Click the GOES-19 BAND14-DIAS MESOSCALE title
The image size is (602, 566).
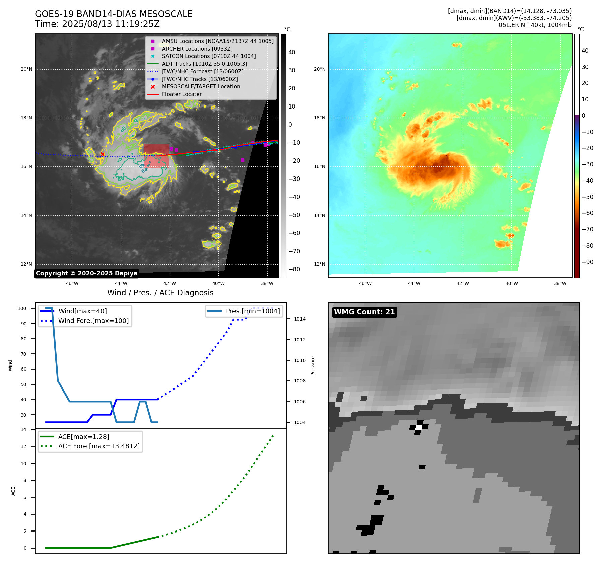click(x=114, y=14)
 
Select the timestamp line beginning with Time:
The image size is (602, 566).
click(x=97, y=24)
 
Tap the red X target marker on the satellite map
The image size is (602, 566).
click(x=103, y=154)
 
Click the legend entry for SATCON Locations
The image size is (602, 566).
click(x=208, y=56)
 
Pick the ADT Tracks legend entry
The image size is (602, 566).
click(x=204, y=64)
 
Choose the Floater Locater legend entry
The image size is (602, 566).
click(x=182, y=94)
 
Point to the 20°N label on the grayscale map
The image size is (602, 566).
click(x=26, y=69)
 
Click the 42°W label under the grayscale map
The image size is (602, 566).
click(x=170, y=283)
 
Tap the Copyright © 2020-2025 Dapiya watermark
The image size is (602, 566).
click(x=86, y=273)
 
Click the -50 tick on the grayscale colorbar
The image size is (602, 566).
click(x=294, y=215)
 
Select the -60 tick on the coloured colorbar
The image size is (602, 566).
click(x=587, y=213)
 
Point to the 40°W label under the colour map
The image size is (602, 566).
click(x=512, y=283)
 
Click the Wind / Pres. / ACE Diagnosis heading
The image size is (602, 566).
click(x=160, y=293)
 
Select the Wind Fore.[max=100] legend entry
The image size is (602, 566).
click(x=93, y=321)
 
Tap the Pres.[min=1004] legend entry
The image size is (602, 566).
click(x=253, y=311)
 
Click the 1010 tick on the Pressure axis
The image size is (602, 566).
click(x=299, y=360)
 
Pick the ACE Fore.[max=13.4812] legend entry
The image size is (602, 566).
click(x=99, y=446)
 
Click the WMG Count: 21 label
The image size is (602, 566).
click(x=364, y=312)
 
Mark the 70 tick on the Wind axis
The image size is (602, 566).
click(x=23, y=354)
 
